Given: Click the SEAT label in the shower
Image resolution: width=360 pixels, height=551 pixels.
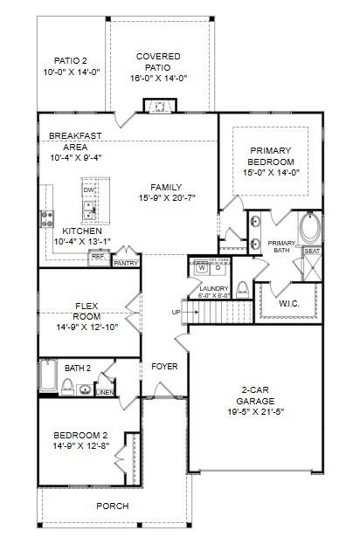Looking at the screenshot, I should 312,251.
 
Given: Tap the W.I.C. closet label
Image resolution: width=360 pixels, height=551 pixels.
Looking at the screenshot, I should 291,304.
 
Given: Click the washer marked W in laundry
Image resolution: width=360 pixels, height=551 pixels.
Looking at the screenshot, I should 202,268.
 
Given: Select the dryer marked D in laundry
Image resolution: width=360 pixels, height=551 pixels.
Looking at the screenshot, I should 217,268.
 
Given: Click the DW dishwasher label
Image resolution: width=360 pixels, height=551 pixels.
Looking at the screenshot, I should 88,190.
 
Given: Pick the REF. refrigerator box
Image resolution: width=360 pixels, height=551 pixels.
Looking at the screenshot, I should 98,257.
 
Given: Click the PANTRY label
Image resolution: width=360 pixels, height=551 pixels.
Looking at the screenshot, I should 126,262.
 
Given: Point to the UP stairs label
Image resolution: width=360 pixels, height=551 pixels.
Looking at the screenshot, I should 176,312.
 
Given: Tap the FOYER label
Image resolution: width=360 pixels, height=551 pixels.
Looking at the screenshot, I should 165,367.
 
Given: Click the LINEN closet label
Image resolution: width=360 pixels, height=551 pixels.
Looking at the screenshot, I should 105,391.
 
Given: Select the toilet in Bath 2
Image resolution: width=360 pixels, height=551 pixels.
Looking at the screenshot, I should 67,385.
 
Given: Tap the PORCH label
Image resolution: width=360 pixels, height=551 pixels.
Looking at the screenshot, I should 112,506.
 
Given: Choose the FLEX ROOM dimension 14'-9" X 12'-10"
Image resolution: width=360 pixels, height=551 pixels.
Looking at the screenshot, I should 87,327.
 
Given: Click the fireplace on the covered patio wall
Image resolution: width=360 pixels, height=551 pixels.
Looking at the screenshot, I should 160,107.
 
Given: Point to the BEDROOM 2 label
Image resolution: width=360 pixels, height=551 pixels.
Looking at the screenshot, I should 80,435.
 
